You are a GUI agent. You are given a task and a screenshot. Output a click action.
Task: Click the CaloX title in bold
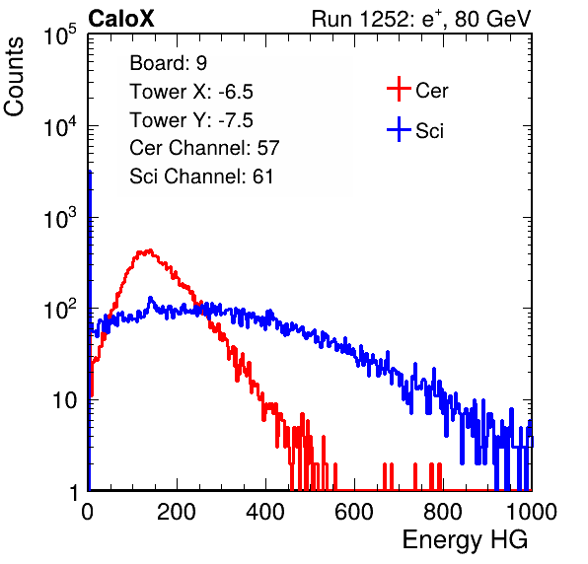click(x=121, y=19)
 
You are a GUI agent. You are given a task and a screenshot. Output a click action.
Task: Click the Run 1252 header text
click(x=421, y=19)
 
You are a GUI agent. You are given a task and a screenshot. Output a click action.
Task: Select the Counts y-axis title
click(x=14, y=77)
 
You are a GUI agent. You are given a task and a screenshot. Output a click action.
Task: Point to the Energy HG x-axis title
click(x=465, y=540)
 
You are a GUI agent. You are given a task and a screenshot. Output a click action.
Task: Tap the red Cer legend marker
click(x=399, y=89)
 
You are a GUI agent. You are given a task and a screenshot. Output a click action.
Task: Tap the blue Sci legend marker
click(x=399, y=130)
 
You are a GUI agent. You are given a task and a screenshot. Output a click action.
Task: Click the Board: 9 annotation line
click(x=169, y=63)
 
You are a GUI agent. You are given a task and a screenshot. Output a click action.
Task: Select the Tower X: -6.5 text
click(x=191, y=92)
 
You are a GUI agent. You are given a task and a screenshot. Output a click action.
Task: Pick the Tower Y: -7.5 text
click(x=191, y=120)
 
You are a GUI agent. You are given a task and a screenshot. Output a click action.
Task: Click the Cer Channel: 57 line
click(x=204, y=148)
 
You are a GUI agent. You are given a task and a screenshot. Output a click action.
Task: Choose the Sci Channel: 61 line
click(x=201, y=176)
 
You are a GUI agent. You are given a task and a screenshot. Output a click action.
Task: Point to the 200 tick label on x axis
click(x=177, y=512)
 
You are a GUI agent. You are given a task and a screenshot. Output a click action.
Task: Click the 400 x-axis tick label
click(x=265, y=512)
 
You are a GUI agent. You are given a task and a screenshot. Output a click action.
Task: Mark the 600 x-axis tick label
click(x=354, y=512)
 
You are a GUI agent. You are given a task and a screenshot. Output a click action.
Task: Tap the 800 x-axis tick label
click(x=443, y=512)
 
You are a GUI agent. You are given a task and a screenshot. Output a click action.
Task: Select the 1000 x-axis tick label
click(x=532, y=512)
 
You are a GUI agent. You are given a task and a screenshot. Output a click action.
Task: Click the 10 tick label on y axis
click(x=65, y=401)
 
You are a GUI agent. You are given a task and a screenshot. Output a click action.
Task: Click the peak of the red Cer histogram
click(x=150, y=250)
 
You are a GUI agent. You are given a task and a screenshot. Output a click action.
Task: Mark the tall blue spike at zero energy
click(x=90, y=329)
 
